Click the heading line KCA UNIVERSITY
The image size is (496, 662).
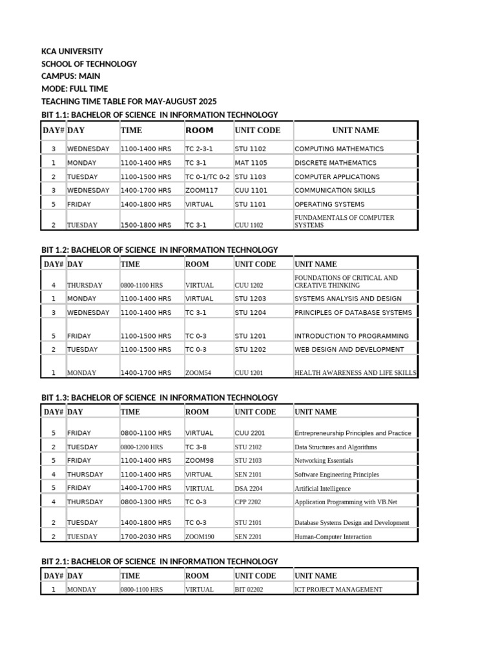coord(72,51)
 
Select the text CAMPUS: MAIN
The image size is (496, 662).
coord(70,76)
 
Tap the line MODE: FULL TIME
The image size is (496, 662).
coord(74,89)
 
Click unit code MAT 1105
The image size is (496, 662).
coord(251,163)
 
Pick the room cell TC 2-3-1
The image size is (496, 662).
coord(199,149)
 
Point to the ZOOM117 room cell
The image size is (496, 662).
coord(201,190)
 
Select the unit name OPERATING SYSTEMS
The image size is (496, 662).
coord(329,204)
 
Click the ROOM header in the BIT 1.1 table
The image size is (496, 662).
coord(199,130)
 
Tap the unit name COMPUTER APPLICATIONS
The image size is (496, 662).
coord(337,176)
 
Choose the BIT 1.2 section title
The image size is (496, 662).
coord(160,250)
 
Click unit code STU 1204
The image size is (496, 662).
coord(251,312)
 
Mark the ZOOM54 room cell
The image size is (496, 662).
coord(198,373)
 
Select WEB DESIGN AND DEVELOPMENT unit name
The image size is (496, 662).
coord(349,349)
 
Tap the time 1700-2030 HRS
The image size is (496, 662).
coord(145,537)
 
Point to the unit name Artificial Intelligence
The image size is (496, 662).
coord(322,489)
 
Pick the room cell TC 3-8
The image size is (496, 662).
coord(196,447)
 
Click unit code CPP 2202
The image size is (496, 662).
coord(248,502)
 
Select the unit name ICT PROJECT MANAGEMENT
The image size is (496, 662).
coord(338,590)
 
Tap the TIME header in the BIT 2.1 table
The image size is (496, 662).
coord(130,575)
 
